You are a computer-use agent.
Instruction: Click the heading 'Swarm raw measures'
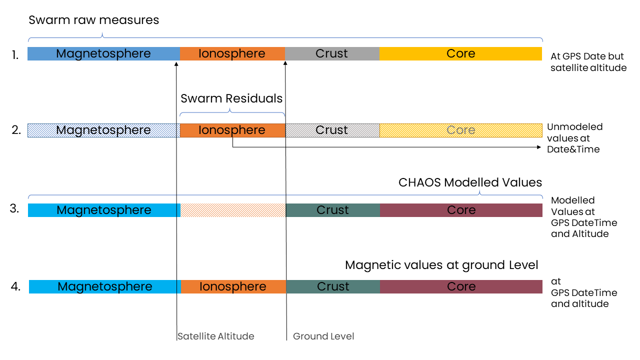93,20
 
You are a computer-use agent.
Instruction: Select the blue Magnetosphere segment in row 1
103,53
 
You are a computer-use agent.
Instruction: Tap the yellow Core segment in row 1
460,53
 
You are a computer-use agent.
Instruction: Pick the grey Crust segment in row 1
332,53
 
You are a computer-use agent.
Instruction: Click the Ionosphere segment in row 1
232,53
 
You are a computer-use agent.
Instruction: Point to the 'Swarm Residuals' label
231,98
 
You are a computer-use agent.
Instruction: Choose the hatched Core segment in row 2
461,130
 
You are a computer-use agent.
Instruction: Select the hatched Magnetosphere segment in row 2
103,130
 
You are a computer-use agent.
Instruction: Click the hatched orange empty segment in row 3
233,210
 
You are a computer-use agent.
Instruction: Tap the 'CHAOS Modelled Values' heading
470,182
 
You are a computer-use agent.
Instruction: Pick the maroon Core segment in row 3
461,210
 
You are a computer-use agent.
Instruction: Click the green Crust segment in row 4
333,286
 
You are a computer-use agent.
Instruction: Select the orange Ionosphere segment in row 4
233,286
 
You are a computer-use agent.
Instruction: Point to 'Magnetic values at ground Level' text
441,265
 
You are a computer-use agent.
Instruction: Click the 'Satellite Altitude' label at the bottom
215,336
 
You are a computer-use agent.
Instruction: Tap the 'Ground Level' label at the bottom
323,336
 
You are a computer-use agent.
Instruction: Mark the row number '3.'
14,208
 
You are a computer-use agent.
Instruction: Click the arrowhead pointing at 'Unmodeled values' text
539,147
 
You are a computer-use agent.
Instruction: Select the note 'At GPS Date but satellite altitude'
588,62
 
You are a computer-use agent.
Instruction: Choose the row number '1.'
15,55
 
